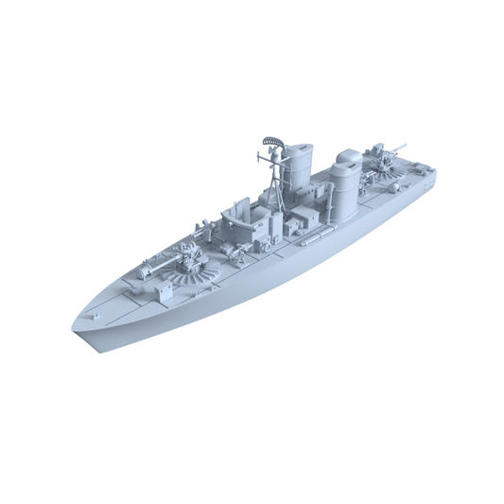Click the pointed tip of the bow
[75, 326]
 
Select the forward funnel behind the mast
[300, 170]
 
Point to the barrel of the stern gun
[398, 148]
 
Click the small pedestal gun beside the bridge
[204, 227]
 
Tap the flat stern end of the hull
[433, 174]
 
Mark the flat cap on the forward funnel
[301, 148]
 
